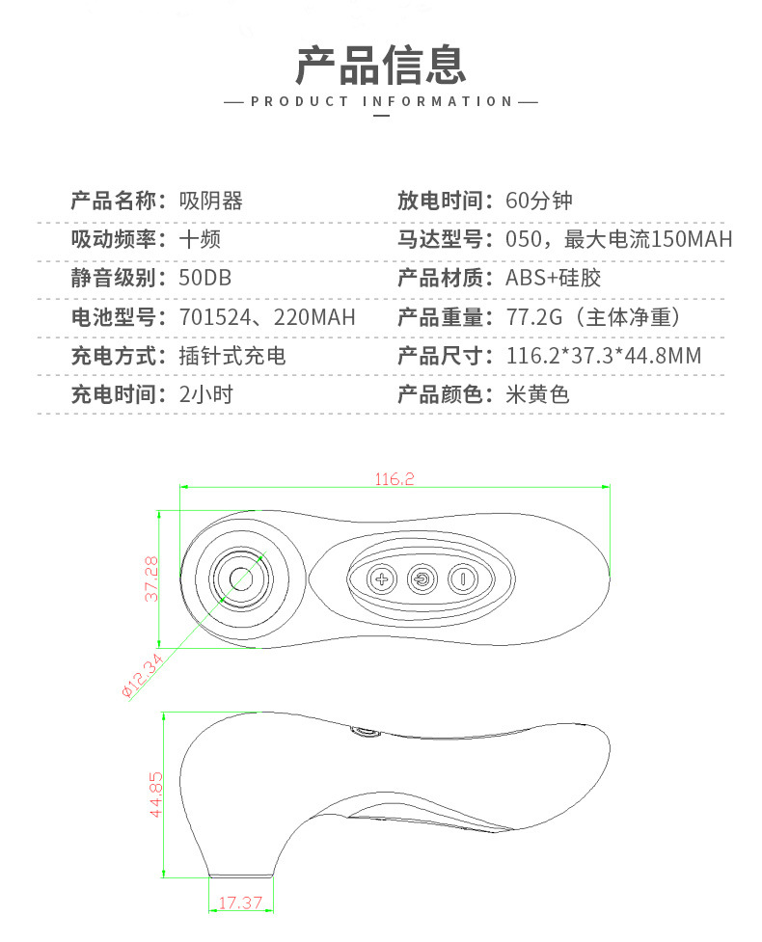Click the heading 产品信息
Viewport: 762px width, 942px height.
point(381,65)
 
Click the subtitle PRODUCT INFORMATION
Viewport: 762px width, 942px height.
point(382,101)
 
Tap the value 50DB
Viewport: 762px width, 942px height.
point(204,278)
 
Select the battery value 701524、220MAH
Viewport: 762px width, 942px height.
point(267,316)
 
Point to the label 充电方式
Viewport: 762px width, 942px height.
point(114,356)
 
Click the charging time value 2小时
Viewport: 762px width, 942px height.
point(206,394)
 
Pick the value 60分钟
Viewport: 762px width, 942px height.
point(539,201)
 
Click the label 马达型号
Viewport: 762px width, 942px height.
point(441,239)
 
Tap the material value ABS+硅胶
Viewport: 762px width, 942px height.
point(554,278)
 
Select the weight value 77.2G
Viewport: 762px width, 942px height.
point(534,316)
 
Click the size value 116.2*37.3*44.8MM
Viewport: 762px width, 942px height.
point(604,356)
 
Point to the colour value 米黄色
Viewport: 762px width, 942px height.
point(538,394)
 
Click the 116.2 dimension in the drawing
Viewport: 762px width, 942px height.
point(395,479)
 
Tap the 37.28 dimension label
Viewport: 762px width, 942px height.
point(151,579)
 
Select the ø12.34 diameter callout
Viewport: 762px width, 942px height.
point(143,676)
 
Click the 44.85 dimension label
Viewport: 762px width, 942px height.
point(155,794)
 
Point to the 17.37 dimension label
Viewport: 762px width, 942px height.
point(240,902)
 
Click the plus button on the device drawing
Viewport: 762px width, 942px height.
point(382,579)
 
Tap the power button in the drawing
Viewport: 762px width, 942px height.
point(422,579)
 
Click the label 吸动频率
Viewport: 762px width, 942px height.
point(114,239)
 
